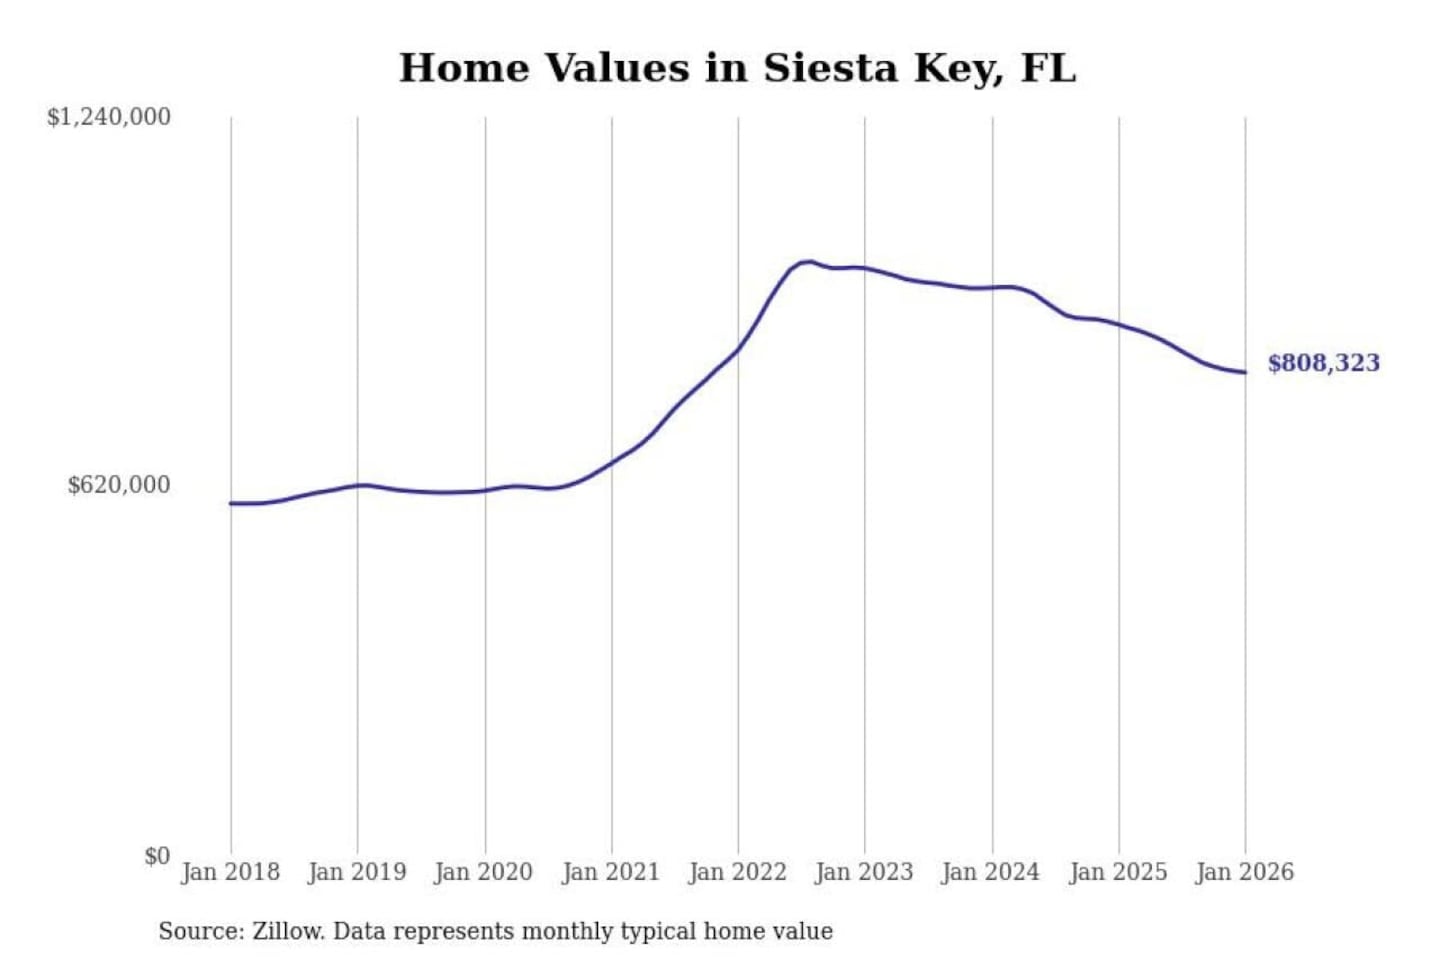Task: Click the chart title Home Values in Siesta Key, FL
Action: pyautogui.click(x=737, y=68)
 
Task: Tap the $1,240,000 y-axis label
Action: pyautogui.click(x=109, y=117)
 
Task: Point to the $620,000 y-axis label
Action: pyautogui.click(x=119, y=485)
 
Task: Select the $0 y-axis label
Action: pyautogui.click(x=157, y=856)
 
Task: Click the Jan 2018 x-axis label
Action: pyautogui.click(x=230, y=872)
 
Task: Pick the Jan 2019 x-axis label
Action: pyautogui.click(x=357, y=872)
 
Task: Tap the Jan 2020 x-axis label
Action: pyautogui.click(x=484, y=872)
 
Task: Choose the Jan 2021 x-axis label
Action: pyautogui.click(x=611, y=872)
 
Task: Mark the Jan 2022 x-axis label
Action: pyautogui.click(x=738, y=872)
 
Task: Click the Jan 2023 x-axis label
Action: pyautogui.click(x=865, y=872)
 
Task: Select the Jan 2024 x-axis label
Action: pyautogui.click(x=991, y=872)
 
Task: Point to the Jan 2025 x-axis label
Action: pyautogui.click(x=1118, y=872)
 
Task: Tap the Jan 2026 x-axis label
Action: pyautogui.click(x=1245, y=872)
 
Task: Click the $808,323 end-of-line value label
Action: pyautogui.click(x=1323, y=363)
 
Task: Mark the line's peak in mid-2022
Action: pyautogui.click(x=807, y=262)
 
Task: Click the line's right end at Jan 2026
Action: pyautogui.click(x=1245, y=373)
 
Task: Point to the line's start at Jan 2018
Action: pyautogui.click(x=231, y=503)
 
